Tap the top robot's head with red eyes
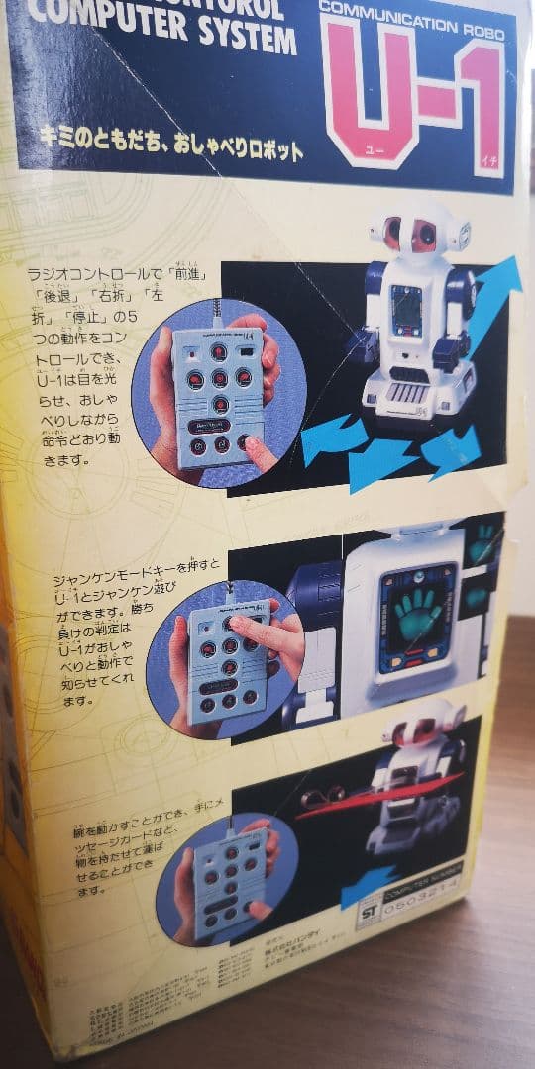[415, 234]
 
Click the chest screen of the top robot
[407, 310]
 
